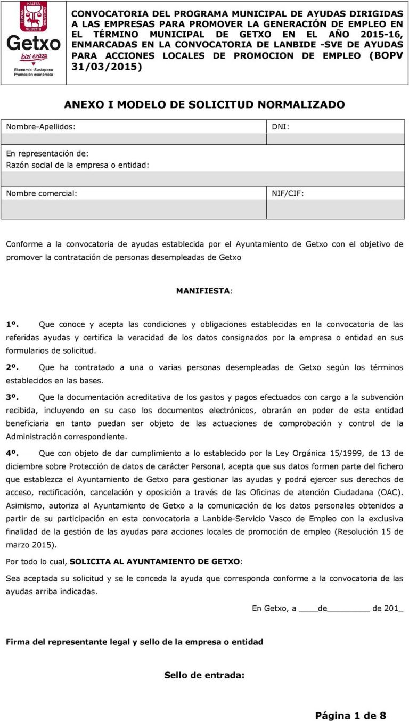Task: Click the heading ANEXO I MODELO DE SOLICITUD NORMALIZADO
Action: point(204,105)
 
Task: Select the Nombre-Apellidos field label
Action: point(40,127)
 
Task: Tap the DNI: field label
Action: point(281,127)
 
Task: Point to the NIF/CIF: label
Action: point(288,193)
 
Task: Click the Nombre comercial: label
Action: point(41,193)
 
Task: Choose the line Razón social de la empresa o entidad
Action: point(77,165)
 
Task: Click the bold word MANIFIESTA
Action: point(204,291)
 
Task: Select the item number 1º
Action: point(12,324)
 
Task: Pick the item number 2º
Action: point(12,368)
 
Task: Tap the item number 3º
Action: point(12,397)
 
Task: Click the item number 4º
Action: point(12,454)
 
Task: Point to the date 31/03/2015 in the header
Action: point(107,67)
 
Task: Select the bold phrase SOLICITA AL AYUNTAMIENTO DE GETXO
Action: point(155,561)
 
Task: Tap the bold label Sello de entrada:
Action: point(204,675)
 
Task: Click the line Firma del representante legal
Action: point(134,642)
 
